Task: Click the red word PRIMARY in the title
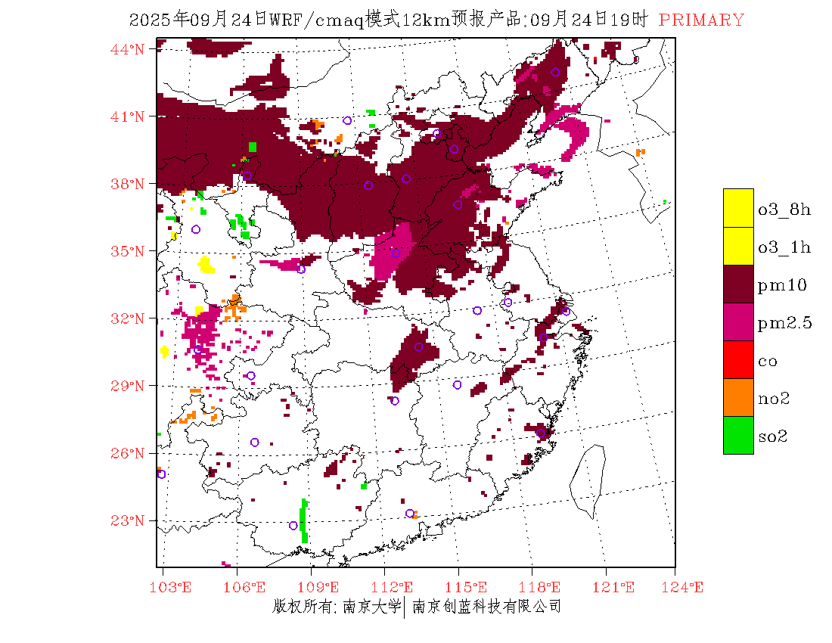[x=701, y=20]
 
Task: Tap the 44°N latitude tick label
[x=128, y=49]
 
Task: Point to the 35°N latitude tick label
[x=128, y=251]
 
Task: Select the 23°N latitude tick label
[x=128, y=520]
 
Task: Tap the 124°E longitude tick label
[x=686, y=586]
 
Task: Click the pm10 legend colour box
[x=738, y=284]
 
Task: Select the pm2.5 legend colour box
[x=738, y=321]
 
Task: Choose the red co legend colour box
[x=738, y=359]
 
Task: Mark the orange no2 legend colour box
[x=738, y=397]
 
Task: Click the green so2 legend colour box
[x=738, y=435]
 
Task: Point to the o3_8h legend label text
[x=784, y=209]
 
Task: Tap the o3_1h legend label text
[x=784, y=247]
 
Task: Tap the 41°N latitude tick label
[x=128, y=116]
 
